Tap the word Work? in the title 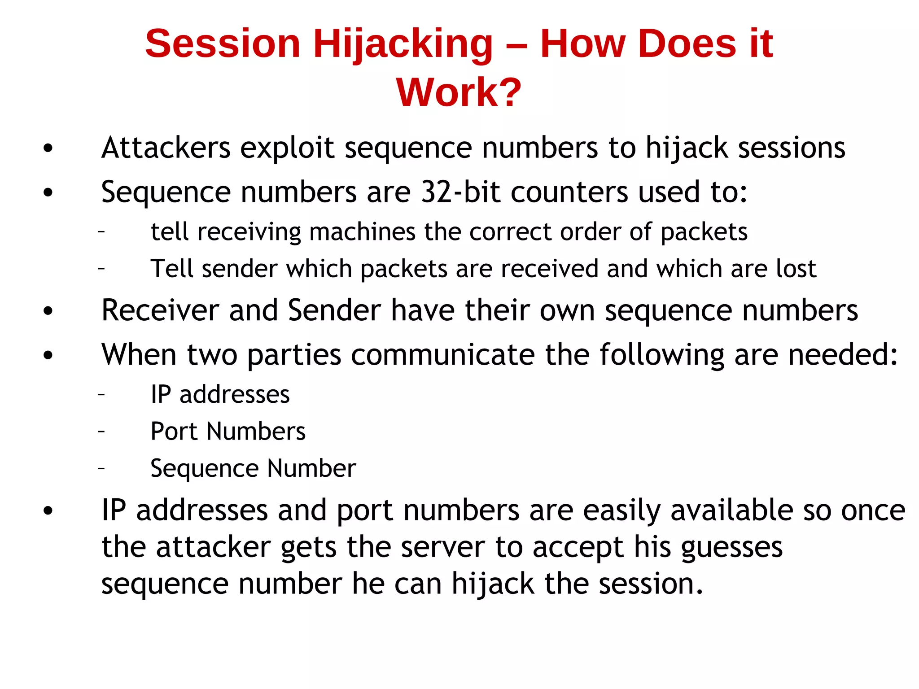(459, 92)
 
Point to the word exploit (287, 148)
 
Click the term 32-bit (460, 192)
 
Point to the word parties (294, 355)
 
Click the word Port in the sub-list (174, 432)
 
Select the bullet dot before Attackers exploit (48, 148)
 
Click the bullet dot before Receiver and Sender (48, 311)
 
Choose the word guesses (731, 549)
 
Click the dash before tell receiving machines (101, 232)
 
